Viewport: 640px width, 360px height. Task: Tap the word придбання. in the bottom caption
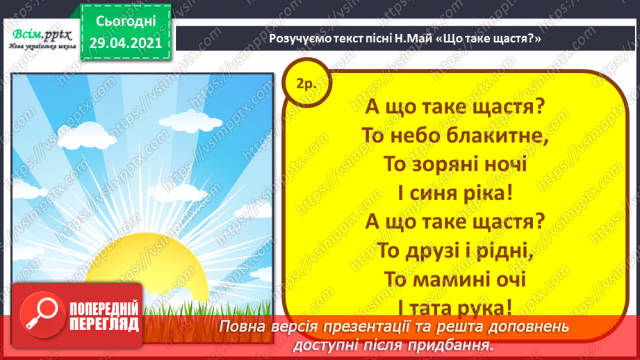(459, 344)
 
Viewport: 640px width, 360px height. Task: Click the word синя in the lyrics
(433, 193)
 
